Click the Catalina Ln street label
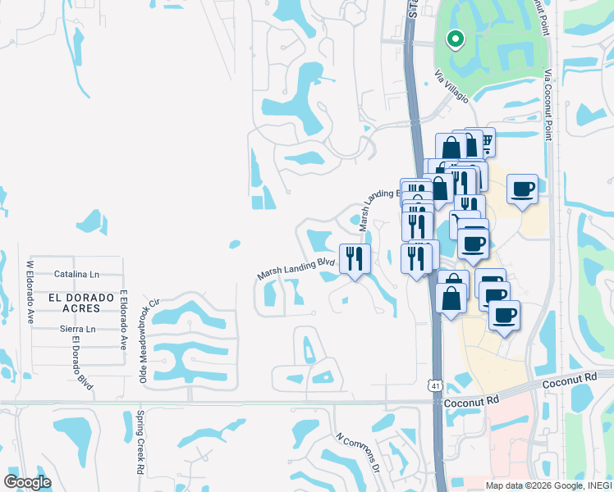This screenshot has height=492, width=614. pyautogui.click(x=76, y=274)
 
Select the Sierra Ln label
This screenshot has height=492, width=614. pyautogui.click(x=78, y=329)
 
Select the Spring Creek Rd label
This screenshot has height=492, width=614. pyautogui.click(x=140, y=443)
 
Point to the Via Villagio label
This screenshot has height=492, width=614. pyautogui.click(x=451, y=87)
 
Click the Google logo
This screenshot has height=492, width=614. pyautogui.click(x=27, y=481)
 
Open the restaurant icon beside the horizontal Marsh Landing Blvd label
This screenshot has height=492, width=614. pyautogui.click(x=355, y=258)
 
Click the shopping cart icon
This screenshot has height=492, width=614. pyautogui.click(x=484, y=143)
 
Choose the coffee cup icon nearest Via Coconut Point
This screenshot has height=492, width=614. pyautogui.click(x=522, y=189)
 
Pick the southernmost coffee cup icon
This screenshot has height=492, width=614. pyautogui.click(x=504, y=314)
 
